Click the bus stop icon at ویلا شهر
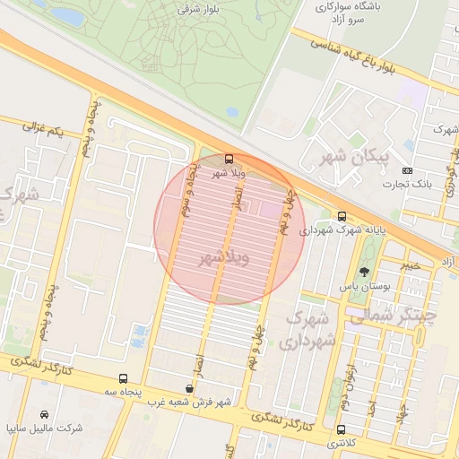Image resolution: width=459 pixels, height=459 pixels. (x=228, y=159)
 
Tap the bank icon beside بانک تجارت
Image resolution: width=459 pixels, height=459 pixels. (x=409, y=170)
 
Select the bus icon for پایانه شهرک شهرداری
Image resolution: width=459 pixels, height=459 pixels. (x=342, y=216)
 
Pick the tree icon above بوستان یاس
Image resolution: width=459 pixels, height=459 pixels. (x=364, y=272)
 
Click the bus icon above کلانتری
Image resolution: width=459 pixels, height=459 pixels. (x=340, y=429)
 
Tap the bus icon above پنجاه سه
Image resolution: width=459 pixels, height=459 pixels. (x=123, y=378)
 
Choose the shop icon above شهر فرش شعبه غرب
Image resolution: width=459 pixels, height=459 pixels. (x=188, y=388)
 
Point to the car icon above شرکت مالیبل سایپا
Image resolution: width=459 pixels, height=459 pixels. (x=45, y=414)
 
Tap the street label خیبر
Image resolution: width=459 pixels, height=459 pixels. (x=410, y=265)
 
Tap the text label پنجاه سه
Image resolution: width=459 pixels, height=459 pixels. (x=123, y=392)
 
